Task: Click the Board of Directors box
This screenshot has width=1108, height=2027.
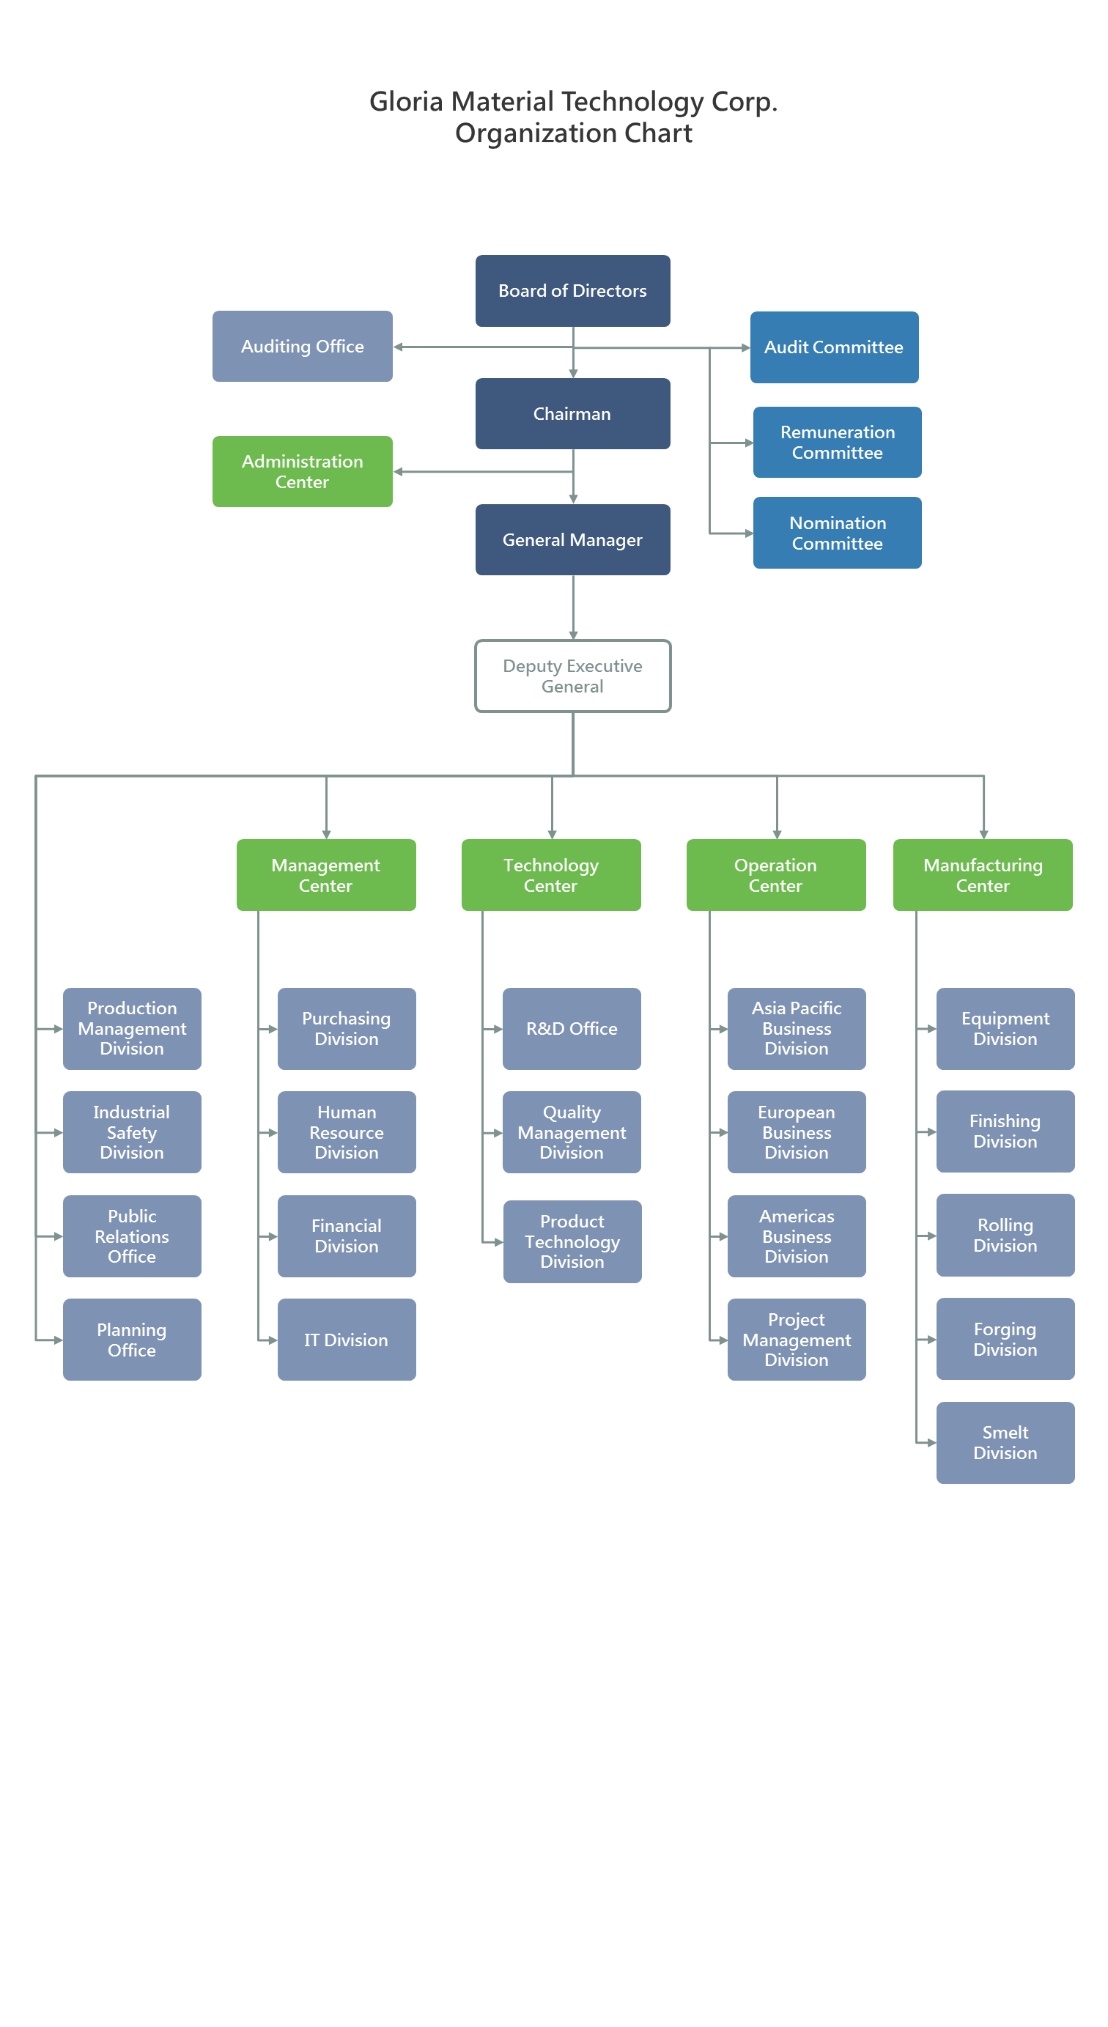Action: pos(572,290)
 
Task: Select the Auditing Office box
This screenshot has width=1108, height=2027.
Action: pos(302,346)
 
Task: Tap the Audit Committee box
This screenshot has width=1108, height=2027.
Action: pos(833,347)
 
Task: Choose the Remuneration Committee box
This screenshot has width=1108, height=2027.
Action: pos(837,442)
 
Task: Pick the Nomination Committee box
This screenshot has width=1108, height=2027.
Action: pos(837,533)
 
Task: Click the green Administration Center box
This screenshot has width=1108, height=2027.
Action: pos(302,471)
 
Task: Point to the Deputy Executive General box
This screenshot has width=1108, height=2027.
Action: pos(572,676)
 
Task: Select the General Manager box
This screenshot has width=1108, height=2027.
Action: pos(572,540)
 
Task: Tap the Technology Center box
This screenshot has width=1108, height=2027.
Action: pos(551,875)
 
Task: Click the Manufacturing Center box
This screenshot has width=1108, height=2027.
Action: pos(982,875)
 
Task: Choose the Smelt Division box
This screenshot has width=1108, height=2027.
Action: pos(1005,1442)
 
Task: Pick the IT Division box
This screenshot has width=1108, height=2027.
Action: pos(346,1340)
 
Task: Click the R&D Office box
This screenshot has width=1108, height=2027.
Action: pos(572,1028)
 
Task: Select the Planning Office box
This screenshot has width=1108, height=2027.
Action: pos(131,1340)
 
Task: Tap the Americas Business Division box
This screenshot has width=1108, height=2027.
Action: pos(797,1236)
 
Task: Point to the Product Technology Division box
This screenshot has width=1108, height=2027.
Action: pos(572,1241)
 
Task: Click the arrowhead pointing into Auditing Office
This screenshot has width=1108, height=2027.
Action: pos(398,347)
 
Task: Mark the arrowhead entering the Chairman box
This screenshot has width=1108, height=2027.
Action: pos(573,374)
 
